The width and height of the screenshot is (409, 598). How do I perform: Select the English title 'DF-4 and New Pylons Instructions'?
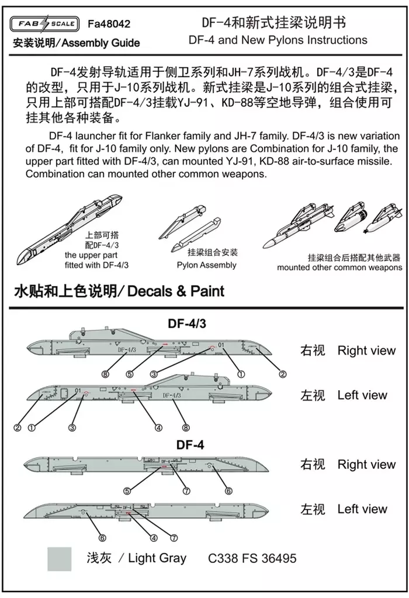click(278, 40)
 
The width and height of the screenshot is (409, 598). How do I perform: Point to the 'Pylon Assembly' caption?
click(206, 265)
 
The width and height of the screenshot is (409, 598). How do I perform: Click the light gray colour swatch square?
click(59, 558)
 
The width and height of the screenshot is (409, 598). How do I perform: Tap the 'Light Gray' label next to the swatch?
click(157, 558)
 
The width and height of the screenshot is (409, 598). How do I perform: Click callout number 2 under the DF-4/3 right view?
click(282, 374)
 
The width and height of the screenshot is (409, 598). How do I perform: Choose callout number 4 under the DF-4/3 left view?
click(158, 427)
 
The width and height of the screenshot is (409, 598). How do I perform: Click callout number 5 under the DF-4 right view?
click(127, 491)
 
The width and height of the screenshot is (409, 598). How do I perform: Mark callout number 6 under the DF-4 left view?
click(102, 538)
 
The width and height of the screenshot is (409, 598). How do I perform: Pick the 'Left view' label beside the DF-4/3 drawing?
click(362, 395)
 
